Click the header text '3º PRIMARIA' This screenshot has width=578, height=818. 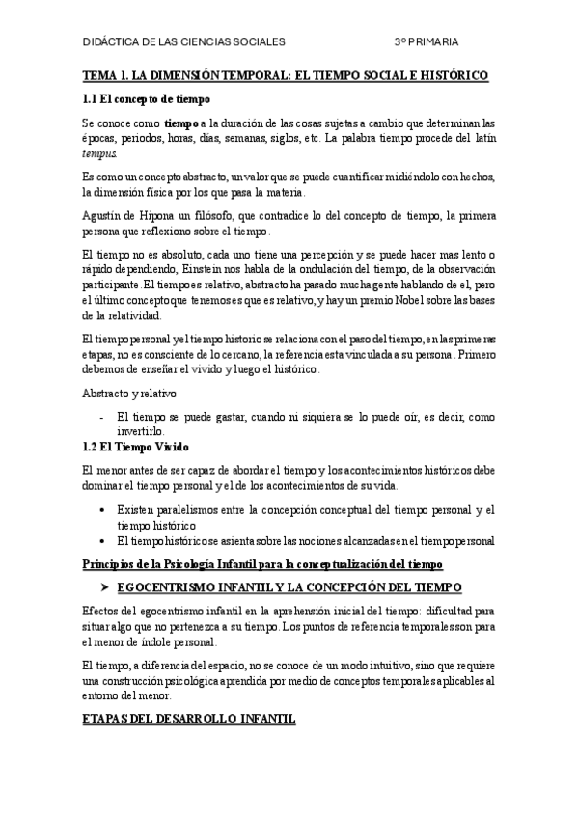pyautogui.click(x=426, y=42)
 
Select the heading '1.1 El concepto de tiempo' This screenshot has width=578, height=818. pyautogui.click(x=147, y=99)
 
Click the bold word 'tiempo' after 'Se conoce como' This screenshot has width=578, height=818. pyautogui.click(x=181, y=124)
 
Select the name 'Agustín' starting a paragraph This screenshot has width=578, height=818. pyautogui.click(x=102, y=216)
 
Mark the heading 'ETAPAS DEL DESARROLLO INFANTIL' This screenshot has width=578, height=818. pyautogui.click(x=189, y=721)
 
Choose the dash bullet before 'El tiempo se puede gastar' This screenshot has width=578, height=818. pyautogui.click(x=103, y=418)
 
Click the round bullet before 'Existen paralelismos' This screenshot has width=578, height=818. pyautogui.click(x=104, y=509)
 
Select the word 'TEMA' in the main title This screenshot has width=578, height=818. pyautogui.click(x=99, y=74)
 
